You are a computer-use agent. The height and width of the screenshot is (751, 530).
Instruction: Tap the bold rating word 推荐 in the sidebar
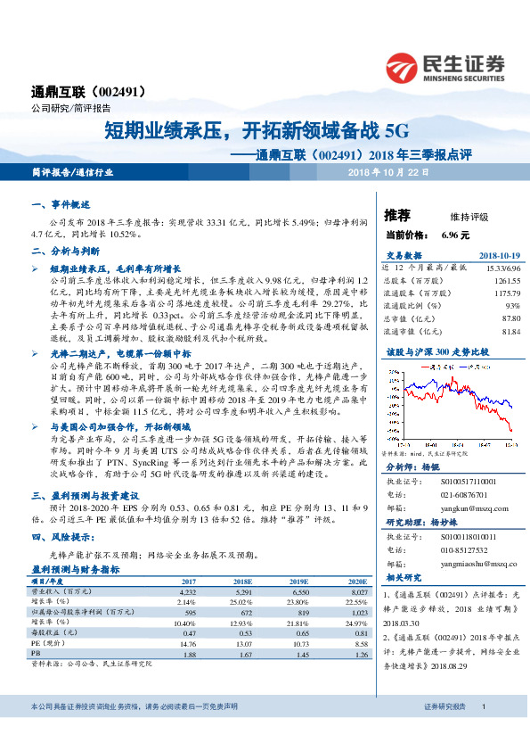tap(397, 215)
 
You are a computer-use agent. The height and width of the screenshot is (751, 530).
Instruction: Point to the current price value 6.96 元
tap(454, 235)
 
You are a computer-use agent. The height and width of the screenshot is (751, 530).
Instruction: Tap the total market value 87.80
tap(508, 318)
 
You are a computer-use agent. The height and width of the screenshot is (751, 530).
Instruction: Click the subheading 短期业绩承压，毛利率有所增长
tap(116, 267)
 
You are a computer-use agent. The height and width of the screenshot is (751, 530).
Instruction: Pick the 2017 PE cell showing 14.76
tap(188, 642)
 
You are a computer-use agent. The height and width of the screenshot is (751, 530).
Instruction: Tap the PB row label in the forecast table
tap(37, 654)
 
